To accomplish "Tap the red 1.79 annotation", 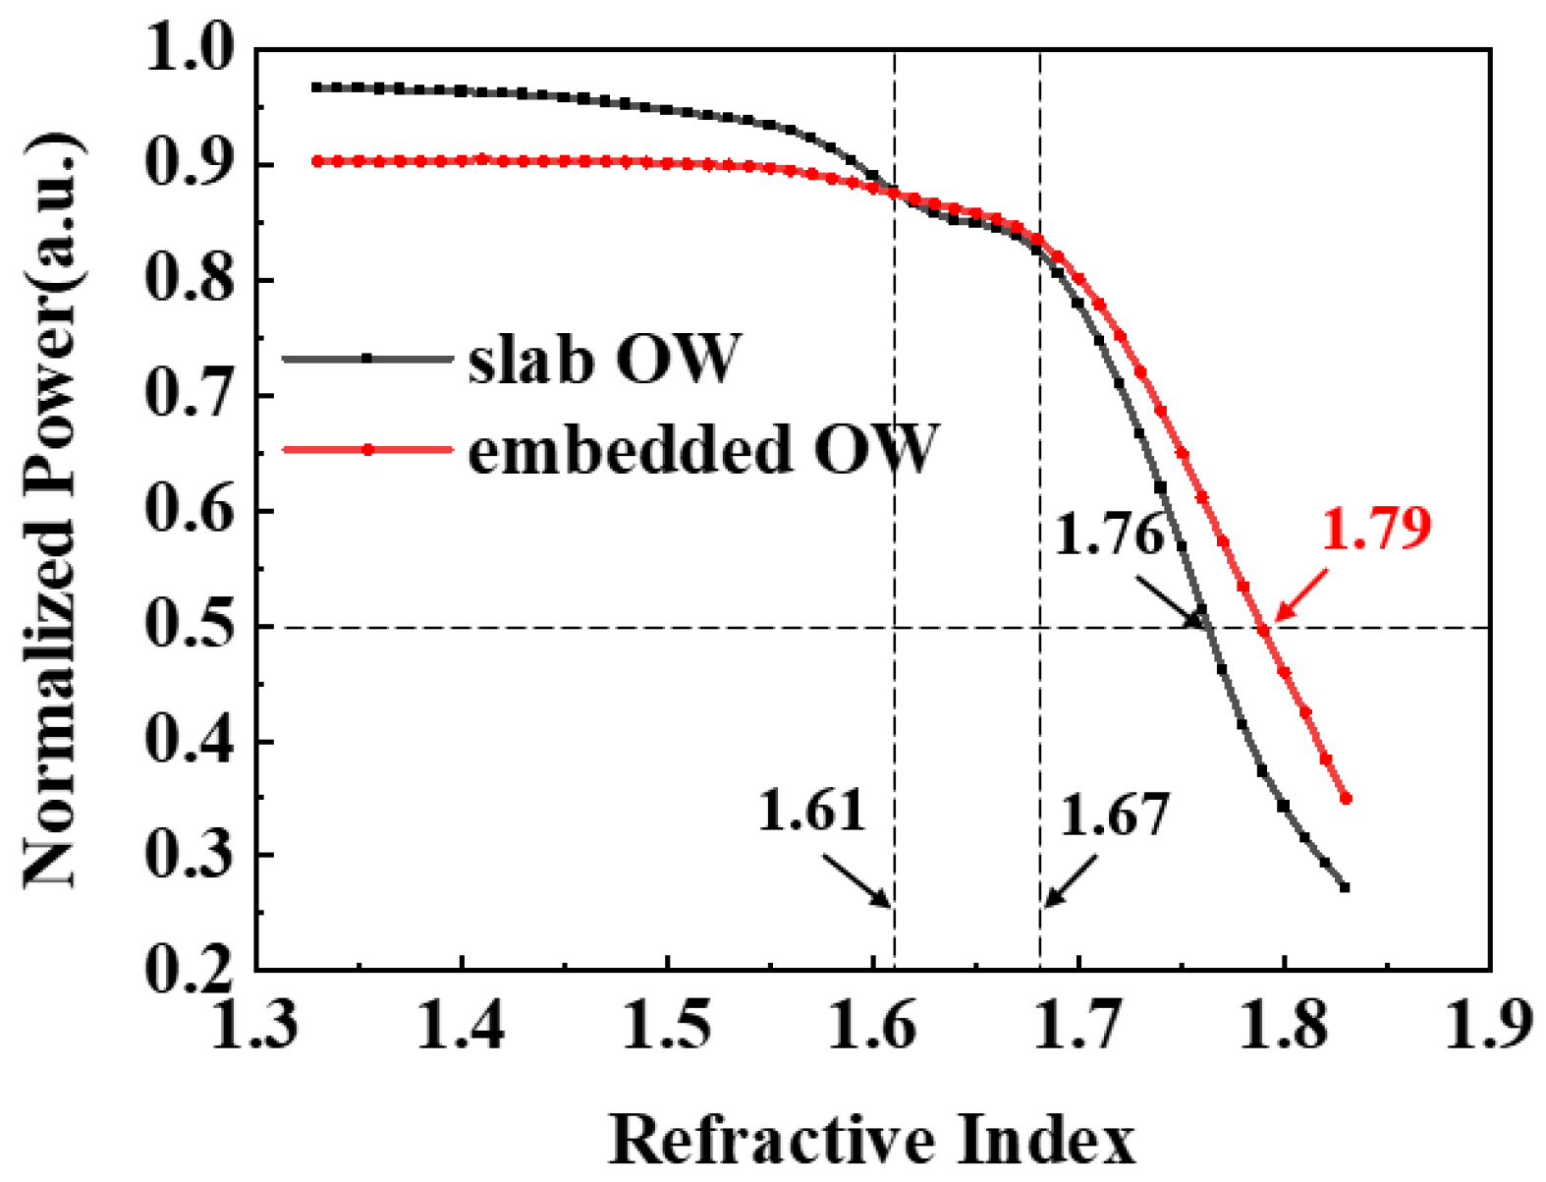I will (x=1375, y=529).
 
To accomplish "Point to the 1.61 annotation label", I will (x=811, y=812).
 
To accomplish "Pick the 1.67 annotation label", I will (x=1116, y=816).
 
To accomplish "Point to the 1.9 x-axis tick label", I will (x=1487, y=1025).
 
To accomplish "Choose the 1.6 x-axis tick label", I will (x=873, y=1025).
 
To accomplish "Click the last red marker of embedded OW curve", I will (x=1346, y=799).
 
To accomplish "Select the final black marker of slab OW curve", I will (x=1345, y=887).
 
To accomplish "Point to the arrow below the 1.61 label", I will (x=856, y=880).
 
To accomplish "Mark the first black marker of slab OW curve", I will (x=316, y=87).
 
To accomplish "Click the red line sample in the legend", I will (x=367, y=449).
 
